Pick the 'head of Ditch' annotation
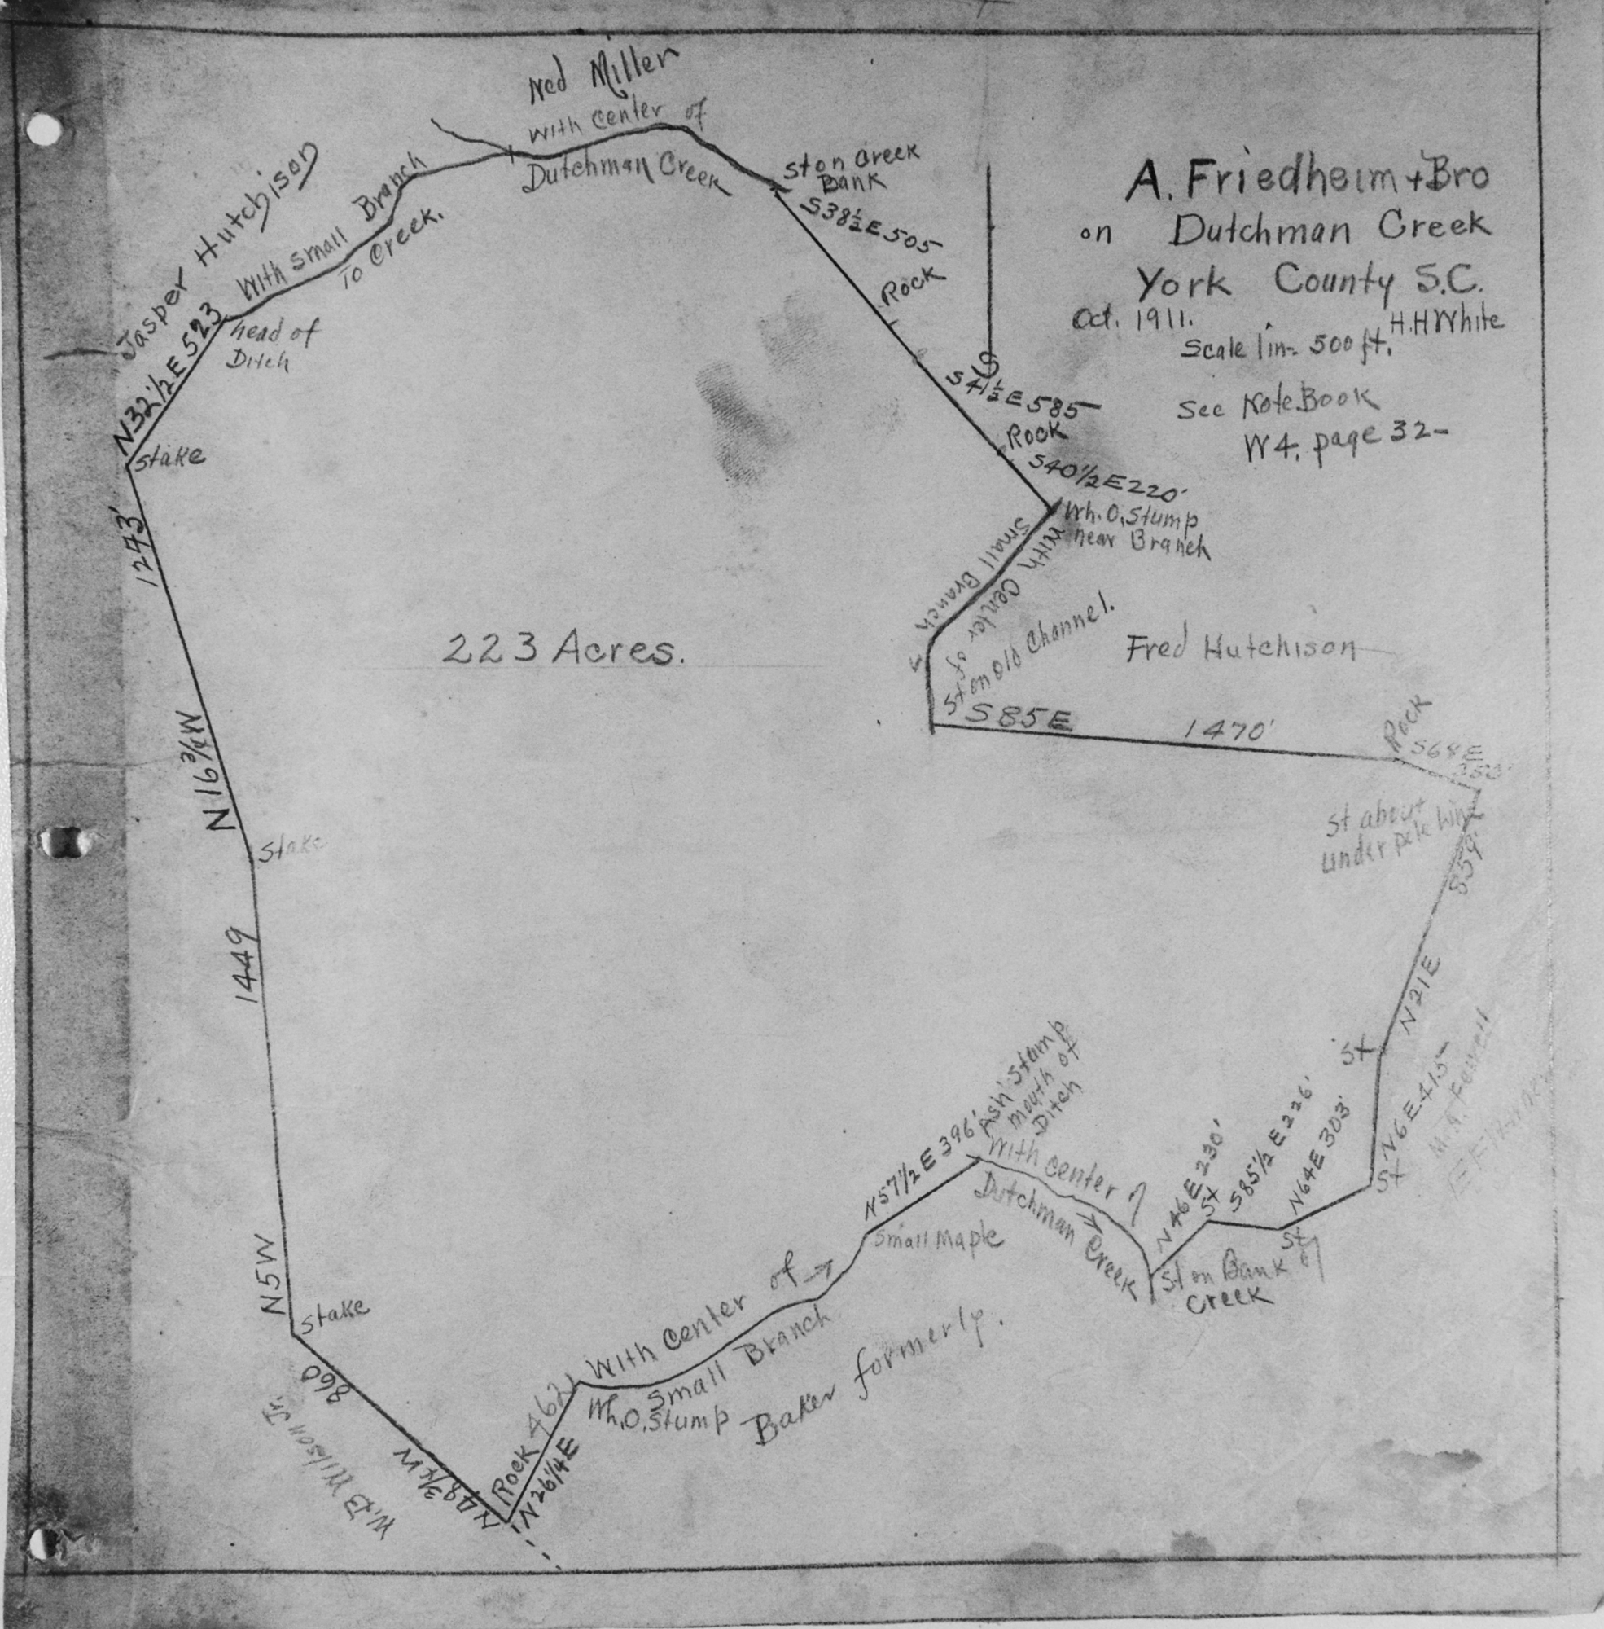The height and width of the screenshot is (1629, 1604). (x=270, y=345)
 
